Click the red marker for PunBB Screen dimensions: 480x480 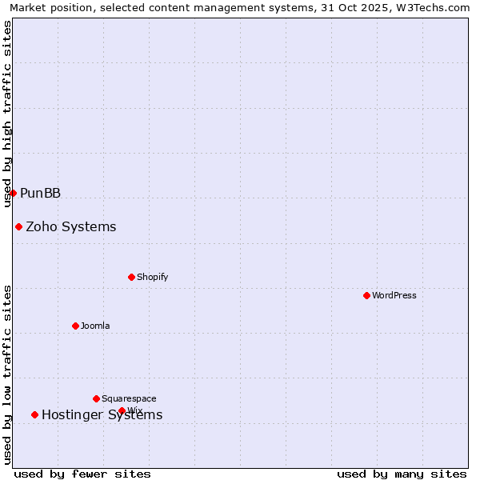coord(13,193)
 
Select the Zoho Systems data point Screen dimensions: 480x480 coord(18,227)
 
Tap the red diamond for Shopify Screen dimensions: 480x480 coord(132,278)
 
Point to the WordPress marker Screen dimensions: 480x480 coord(366,295)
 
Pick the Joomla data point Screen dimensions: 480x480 coord(76,326)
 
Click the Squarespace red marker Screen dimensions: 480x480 coord(96,398)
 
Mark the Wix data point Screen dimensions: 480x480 coord(122,410)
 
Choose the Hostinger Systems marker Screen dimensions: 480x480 coord(34,414)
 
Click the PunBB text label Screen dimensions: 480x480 coord(40,194)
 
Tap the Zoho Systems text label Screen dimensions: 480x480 coord(70,227)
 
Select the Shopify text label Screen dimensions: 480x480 coord(152,278)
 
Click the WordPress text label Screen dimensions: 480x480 coord(394,295)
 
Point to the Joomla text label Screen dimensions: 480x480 coord(95,326)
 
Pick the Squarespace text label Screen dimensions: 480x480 coord(129,398)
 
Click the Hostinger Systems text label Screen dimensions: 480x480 coord(102,414)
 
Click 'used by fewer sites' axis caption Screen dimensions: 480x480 coord(82,474)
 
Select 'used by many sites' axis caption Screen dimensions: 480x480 coord(402,474)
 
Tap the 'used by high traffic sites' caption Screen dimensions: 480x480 coord(8,114)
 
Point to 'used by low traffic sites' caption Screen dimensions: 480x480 coord(8,374)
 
